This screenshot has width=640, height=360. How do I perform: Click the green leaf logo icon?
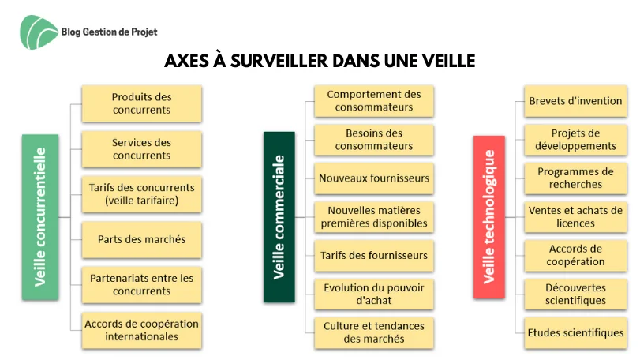pyautogui.click(x=39, y=32)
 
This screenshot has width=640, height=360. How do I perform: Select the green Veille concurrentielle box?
pyautogui.click(x=40, y=217)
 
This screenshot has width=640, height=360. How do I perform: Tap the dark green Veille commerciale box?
pyautogui.click(x=279, y=217)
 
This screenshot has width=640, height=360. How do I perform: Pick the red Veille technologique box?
pyautogui.click(x=489, y=217)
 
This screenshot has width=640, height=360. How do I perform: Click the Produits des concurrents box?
pyautogui.click(x=141, y=103)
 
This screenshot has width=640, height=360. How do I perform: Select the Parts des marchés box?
pyautogui.click(x=141, y=239)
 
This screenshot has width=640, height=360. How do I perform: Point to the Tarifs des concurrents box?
pyautogui.click(x=141, y=194)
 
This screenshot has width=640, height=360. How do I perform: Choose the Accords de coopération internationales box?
pyautogui.click(x=141, y=330)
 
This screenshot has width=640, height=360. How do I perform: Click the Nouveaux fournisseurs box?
pyautogui.click(x=374, y=178)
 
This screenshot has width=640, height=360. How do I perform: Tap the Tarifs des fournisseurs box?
pyautogui.click(x=374, y=256)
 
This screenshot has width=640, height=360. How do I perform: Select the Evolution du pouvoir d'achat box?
pyautogui.click(x=374, y=294)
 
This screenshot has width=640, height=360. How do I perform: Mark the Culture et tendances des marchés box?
pyautogui.click(x=374, y=332)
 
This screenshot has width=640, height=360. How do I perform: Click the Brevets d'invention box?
pyautogui.click(x=575, y=101)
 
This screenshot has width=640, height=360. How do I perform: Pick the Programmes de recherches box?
pyautogui.click(x=575, y=178)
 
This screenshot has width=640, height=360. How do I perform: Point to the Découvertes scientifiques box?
pyautogui.click(x=575, y=294)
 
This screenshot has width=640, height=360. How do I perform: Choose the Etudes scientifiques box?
pyautogui.click(x=575, y=332)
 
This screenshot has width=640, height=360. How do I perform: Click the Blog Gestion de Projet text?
pyautogui.click(x=109, y=32)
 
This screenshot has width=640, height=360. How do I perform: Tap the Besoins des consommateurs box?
pyautogui.click(x=374, y=140)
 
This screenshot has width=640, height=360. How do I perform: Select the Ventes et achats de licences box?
pyautogui.click(x=575, y=217)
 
